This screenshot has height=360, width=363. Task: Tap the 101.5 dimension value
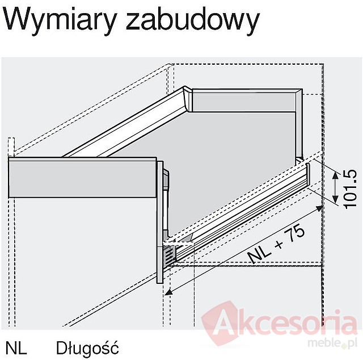[349, 189]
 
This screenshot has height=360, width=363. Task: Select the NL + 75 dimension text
[276, 245]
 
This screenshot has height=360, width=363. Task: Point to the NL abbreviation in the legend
[16, 348]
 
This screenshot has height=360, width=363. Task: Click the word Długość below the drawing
[87, 348]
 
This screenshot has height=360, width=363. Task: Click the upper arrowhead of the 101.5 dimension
[335, 175]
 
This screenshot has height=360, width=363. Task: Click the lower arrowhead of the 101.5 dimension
[335, 199]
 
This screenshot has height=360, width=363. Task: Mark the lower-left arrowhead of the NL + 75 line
[169, 292]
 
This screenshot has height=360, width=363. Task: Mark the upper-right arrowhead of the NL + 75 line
[319, 208]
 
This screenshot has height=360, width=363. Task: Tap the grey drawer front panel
[82, 178]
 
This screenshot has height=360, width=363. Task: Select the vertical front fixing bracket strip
[160, 223]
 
